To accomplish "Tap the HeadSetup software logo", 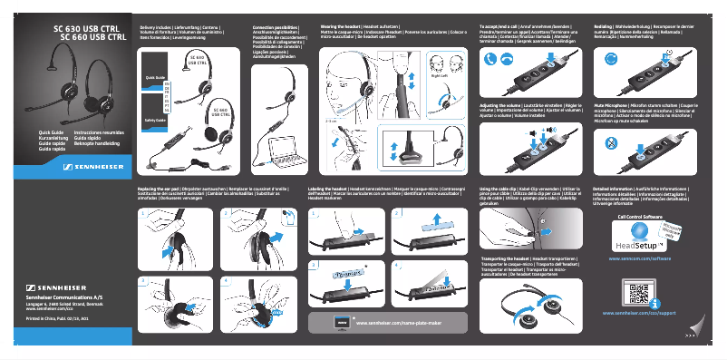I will coord(635,243).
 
